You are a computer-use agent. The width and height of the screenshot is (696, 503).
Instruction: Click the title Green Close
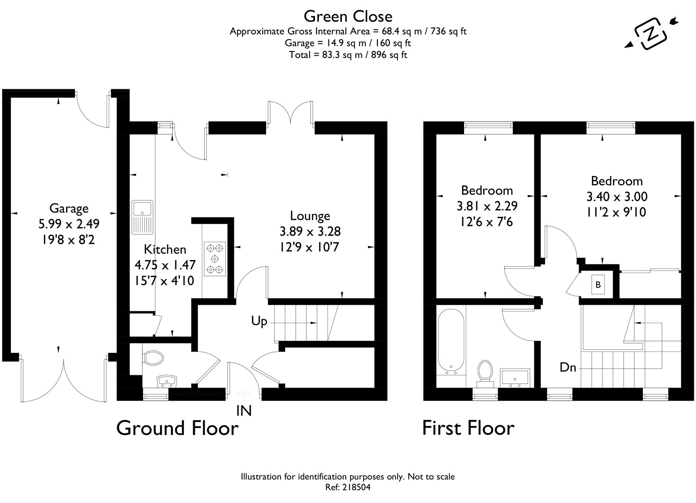coord(348,17)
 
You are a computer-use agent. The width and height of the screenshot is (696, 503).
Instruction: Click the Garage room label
coord(69,208)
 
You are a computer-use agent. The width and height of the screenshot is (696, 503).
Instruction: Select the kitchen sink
coord(142,217)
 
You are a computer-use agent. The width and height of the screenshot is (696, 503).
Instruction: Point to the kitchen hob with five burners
coord(215,259)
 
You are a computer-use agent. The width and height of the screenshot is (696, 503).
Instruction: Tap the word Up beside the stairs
coord(259,321)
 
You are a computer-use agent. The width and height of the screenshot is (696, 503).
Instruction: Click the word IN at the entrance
coord(244,411)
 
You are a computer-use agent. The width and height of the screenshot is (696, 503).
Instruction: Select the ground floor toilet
coord(152,358)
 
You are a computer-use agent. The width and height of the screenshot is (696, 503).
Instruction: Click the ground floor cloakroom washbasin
coord(167,381)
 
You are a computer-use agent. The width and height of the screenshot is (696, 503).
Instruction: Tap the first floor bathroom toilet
coord(485,374)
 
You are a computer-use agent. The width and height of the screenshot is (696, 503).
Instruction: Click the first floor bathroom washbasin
coord(515,378)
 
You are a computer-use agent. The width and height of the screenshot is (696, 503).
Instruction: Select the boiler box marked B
coord(598,284)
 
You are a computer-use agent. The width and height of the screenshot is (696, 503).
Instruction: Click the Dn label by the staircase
coord(568,368)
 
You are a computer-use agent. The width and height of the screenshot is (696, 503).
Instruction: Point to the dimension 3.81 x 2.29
coord(487,206)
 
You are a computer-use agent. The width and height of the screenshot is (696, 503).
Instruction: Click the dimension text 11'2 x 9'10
coord(616,212)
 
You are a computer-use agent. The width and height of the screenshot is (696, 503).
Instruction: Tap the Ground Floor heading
coord(177,428)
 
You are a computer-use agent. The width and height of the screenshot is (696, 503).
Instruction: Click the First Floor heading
coord(468,428)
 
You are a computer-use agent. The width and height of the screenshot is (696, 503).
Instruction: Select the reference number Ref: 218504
coord(348,487)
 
